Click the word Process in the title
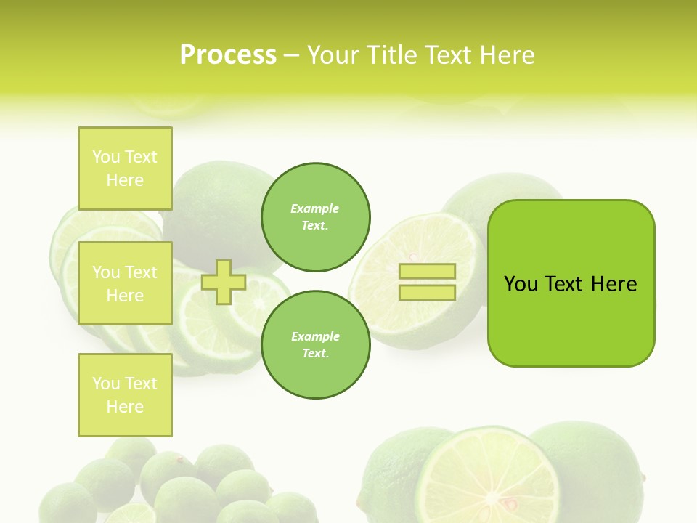tap(228, 55)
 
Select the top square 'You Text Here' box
tap(125, 169)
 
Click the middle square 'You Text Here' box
tap(125, 283)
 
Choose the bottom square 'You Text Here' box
tap(125, 395)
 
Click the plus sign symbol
tap(223, 283)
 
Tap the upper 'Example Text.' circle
tap(315, 217)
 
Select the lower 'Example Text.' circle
tap(315, 345)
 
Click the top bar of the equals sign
tap(427, 272)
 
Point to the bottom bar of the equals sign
tap(427, 293)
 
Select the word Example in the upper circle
tap(315, 209)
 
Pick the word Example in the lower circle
tap(315, 337)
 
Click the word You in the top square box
tap(106, 157)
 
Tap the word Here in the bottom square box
tap(125, 407)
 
